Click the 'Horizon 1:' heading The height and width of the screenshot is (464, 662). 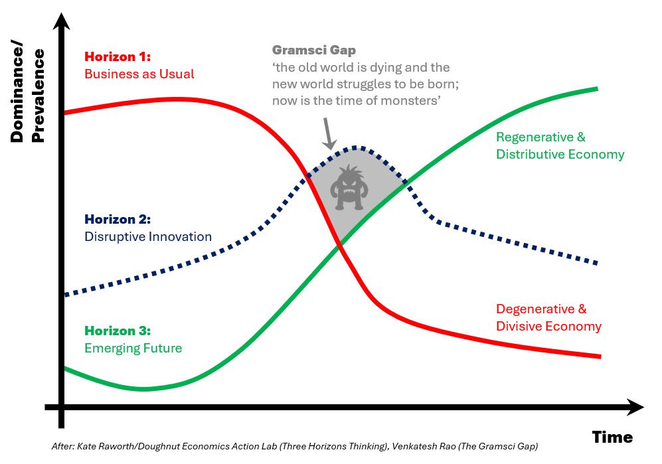(x=118, y=57)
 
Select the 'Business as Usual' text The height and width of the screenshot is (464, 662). (x=139, y=74)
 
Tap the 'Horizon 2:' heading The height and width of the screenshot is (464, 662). (x=118, y=219)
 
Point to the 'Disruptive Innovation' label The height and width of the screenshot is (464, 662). (x=148, y=236)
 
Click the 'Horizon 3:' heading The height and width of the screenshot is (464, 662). (x=118, y=331)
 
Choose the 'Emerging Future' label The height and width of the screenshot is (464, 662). (x=133, y=348)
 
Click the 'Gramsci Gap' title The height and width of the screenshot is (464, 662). (x=313, y=50)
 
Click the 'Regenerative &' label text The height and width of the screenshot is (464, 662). (x=540, y=137)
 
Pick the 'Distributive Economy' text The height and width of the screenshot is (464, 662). (x=560, y=155)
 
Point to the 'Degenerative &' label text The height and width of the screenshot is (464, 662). (x=541, y=309)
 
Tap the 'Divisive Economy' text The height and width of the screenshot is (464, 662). (x=548, y=327)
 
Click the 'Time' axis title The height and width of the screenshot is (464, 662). (x=612, y=437)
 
